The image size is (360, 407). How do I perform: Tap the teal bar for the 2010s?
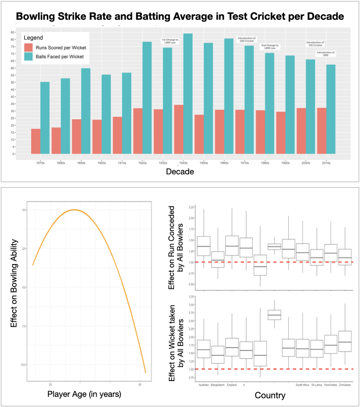point(331,109)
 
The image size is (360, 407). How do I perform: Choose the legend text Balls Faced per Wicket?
point(60,56)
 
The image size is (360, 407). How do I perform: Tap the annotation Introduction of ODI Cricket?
point(247,39)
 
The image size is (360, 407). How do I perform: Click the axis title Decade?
point(181,173)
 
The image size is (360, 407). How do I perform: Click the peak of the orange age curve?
point(74,210)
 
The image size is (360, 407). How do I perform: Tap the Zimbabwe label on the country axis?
point(344,385)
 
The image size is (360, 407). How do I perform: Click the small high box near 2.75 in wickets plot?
point(275,315)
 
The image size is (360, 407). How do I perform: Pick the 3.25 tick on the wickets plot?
point(191,296)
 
